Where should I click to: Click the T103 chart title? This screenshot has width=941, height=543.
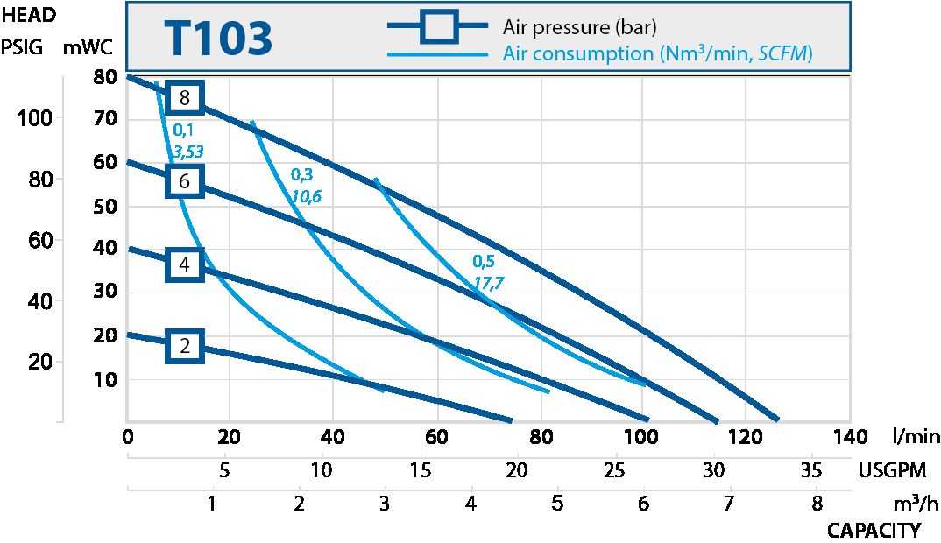[217, 39]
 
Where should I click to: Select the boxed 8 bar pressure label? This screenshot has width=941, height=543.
[184, 97]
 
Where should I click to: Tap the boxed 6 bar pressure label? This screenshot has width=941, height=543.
[184, 181]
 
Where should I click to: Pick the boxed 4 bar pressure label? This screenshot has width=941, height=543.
[184, 264]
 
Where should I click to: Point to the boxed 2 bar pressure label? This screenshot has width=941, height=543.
[184, 346]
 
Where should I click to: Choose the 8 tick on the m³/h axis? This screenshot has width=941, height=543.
[817, 504]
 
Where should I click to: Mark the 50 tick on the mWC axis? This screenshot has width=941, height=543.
[104, 207]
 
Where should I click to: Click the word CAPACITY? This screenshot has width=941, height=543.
[874, 531]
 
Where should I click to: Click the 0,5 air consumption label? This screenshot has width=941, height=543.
[483, 261]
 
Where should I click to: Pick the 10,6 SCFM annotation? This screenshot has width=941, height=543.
[306, 196]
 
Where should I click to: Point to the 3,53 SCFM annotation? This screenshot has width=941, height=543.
[188, 152]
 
